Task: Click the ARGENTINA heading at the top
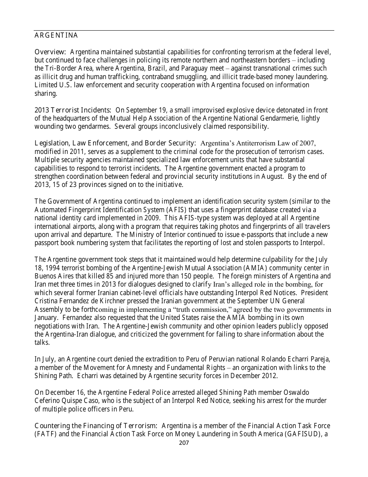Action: click(56, 36)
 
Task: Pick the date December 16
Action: click(62, 392)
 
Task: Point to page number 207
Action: click(184, 443)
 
